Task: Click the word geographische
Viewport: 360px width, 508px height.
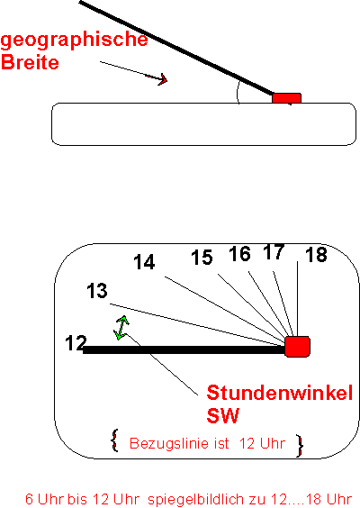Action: pyautogui.click(x=74, y=41)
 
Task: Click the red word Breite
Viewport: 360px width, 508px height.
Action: pyautogui.click(x=30, y=62)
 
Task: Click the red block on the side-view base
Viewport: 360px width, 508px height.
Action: pyautogui.click(x=286, y=98)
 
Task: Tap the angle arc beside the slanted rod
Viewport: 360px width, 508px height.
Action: pyautogui.click(x=238, y=93)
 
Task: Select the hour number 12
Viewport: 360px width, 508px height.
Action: pyautogui.click(x=76, y=343)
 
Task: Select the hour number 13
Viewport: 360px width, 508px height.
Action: pyautogui.click(x=97, y=291)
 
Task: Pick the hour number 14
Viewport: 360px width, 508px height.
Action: pyautogui.click(x=144, y=262)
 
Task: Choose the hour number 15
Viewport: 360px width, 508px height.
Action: pyautogui.click(x=202, y=258)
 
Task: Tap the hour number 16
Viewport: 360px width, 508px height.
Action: pyautogui.click(x=240, y=254)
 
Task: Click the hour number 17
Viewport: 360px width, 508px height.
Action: pyautogui.click(x=274, y=251)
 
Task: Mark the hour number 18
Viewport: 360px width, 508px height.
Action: pyautogui.click(x=316, y=255)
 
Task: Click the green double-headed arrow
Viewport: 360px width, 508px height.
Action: pyautogui.click(x=121, y=328)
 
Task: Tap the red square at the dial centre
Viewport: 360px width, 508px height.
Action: pyautogui.click(x=298, y=347)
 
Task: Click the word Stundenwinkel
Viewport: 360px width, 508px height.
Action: pyautogui.click(x=280, y=393)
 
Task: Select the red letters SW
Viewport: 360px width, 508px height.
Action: pyautogui.click(x=222, y=415)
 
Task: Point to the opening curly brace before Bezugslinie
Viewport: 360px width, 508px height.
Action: pyautogui.click(x=114, y=440)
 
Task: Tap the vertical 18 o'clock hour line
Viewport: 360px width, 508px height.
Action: pyautogui.click(x=298, y=299)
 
